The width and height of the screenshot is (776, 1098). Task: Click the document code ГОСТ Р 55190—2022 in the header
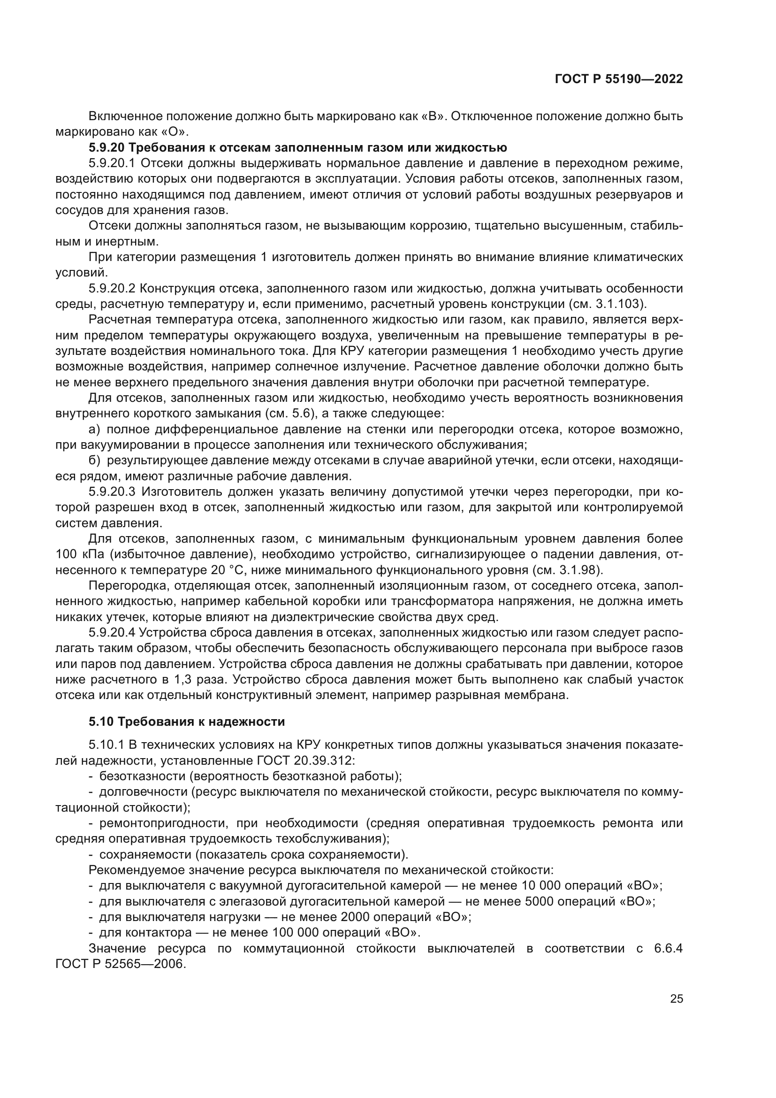pos(618,79)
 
